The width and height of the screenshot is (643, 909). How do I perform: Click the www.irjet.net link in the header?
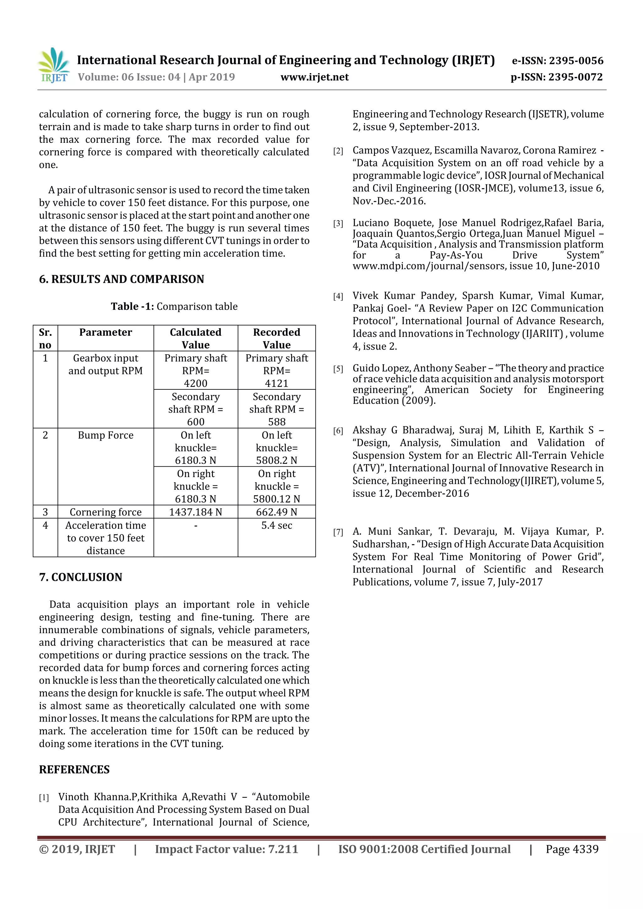315,77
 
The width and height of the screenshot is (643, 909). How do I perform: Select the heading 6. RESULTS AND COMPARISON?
121,279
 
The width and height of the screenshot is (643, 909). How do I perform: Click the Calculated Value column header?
195,338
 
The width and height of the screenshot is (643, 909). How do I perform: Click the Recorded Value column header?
277,338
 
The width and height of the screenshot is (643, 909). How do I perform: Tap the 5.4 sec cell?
277,525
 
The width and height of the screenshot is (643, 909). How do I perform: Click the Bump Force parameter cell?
105,435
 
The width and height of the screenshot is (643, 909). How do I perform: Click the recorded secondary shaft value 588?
277,422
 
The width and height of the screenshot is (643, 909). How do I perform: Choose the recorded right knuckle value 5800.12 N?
277,499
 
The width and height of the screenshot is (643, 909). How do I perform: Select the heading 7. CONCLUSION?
80,577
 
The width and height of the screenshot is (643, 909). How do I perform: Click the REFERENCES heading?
74,769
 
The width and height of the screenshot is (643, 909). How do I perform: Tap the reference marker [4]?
338,297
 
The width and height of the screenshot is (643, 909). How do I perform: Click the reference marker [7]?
338,532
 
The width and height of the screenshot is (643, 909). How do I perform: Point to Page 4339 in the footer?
572,849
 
